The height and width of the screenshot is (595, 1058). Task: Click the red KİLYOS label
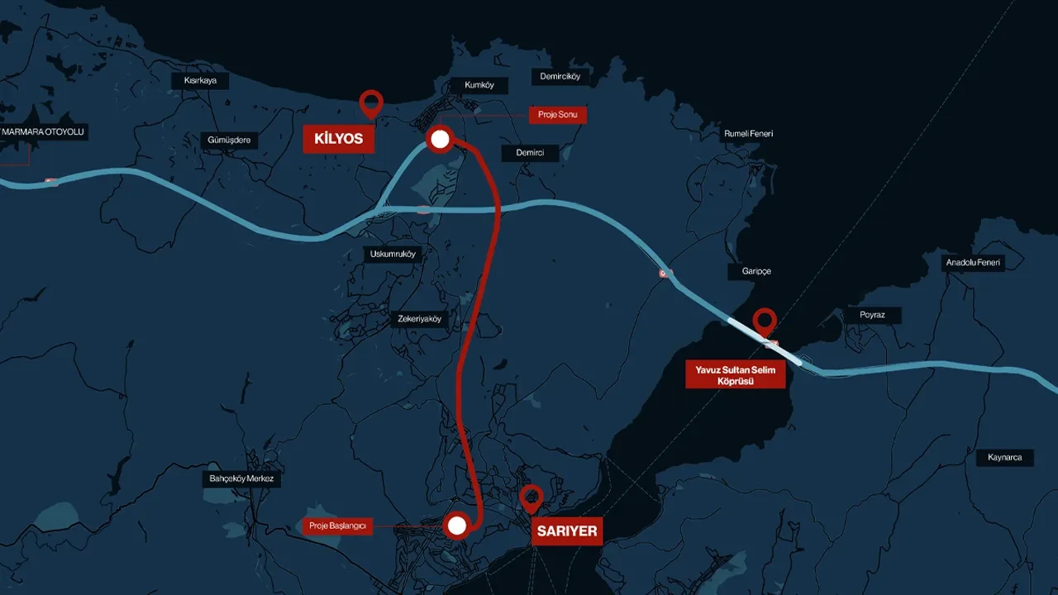pyautogui.click(x=338, y=139)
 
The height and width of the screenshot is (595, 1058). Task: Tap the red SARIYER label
pyautogui.click(x=566, y=531)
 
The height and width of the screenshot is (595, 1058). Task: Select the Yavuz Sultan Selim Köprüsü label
pyautogui.click(x=735, y=376)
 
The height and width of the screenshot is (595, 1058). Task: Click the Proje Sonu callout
pyautogui.click(x=558, y=115)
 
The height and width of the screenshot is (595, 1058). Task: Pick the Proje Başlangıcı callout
pyautogui.click(x=338, y=526)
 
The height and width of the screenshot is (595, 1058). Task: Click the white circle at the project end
pyautogui.click(x=440, y=140)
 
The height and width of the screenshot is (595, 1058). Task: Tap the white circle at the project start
pyautogui.click(x=456, y=525)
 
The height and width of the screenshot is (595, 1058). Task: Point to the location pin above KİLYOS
pyautogui.click(x=371, y=103)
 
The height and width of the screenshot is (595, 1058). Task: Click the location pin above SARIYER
pyautogui.click(x=531, y=497)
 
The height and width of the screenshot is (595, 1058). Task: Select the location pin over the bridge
pyautogui.click(x=765, y=321)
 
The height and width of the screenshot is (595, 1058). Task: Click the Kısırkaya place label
pyautogui.click(x=199, y=81)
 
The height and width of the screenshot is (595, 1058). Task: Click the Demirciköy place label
pyautogui.click(x=560, y=77)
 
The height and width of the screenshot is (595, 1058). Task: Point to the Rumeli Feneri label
pyautogui.click(x=748, y=134)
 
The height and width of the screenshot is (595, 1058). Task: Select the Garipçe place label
pyautogui.click(x=755, y=271)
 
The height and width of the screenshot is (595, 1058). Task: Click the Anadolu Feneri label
pyautogui.click(x=973, y=263)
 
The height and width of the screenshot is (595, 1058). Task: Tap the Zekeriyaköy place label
pyautogui.click(x=420, y=319)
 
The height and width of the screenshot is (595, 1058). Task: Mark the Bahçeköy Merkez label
pyautogui.click(x=242, y=478)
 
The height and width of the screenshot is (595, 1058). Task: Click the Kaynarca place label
pyautogui.click(x=1004, y=457)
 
